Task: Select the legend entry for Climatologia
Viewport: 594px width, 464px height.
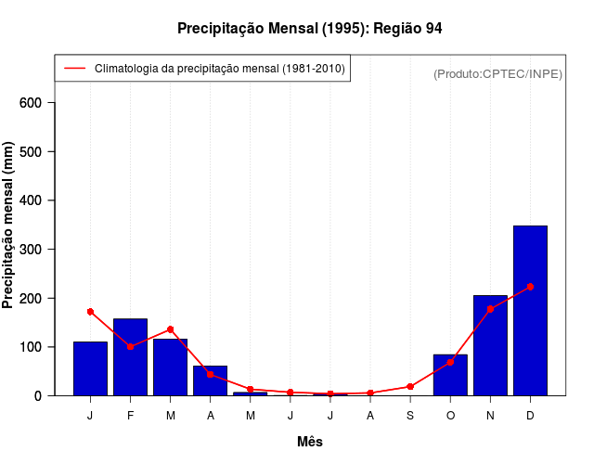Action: click(x=219, y=68)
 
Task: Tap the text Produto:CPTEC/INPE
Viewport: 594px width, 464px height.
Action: click(x=497, y=73)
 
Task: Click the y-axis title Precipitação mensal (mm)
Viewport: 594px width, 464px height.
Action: click(x=9, y=226)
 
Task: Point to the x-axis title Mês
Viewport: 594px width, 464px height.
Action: click(x=310, y=442)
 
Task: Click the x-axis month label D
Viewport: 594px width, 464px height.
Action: click(x=530, y=415)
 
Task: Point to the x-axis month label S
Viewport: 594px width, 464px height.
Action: click(x=410, y=415)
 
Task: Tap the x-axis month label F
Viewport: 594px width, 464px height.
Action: click(x=130, y=415)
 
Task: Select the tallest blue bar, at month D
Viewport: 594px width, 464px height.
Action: click(x=530, y=311)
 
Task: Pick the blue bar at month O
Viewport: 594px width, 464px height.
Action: click(x=450, y=375)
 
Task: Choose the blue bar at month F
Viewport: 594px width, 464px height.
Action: click(x=130, y=357)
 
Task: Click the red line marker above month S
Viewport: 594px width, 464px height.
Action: click(x=410, y=386)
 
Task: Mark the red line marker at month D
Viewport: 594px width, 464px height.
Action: click(x=530, y=287)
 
